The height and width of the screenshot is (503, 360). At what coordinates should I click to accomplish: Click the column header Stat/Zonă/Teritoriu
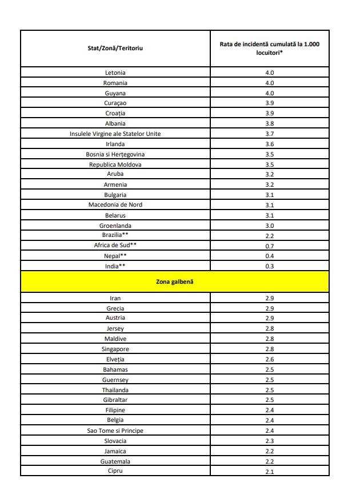tap(115, 48)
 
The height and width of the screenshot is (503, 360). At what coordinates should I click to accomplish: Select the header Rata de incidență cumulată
tap(270, 48)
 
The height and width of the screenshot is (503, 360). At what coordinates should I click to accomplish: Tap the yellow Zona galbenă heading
tap(175, 282)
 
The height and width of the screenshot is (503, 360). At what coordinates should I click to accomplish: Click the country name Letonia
tap(115, 73)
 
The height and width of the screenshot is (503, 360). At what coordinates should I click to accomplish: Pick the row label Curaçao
tap(115, 103)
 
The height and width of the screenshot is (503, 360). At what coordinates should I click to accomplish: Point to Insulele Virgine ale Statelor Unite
tap(115, 134)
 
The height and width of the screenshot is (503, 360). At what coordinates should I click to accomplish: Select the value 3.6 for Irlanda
tap(270, 144)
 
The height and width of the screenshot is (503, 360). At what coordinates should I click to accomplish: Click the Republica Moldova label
tap(115, 164)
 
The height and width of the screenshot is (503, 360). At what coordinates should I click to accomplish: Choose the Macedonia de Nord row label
tap(115, 205)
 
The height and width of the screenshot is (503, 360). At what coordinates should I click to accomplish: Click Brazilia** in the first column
tap(115, 235)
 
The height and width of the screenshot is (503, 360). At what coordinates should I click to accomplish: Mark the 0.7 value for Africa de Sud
tap(270, 246)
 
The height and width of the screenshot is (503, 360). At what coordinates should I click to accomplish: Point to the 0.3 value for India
tap(270, 267)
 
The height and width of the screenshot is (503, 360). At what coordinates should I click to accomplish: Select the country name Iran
tap(115, 298)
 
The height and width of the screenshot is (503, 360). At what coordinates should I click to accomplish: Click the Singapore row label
tap(115, 349)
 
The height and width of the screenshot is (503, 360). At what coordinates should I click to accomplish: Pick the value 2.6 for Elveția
tap(270, 360)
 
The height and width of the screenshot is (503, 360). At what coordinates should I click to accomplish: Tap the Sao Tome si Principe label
tap(115, 430)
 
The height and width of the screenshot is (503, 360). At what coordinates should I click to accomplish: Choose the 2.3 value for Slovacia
tap(270, 441)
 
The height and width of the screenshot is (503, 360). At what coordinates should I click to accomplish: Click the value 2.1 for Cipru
tap(270, 472)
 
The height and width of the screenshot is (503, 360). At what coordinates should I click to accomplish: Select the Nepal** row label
tap(115, 256)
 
